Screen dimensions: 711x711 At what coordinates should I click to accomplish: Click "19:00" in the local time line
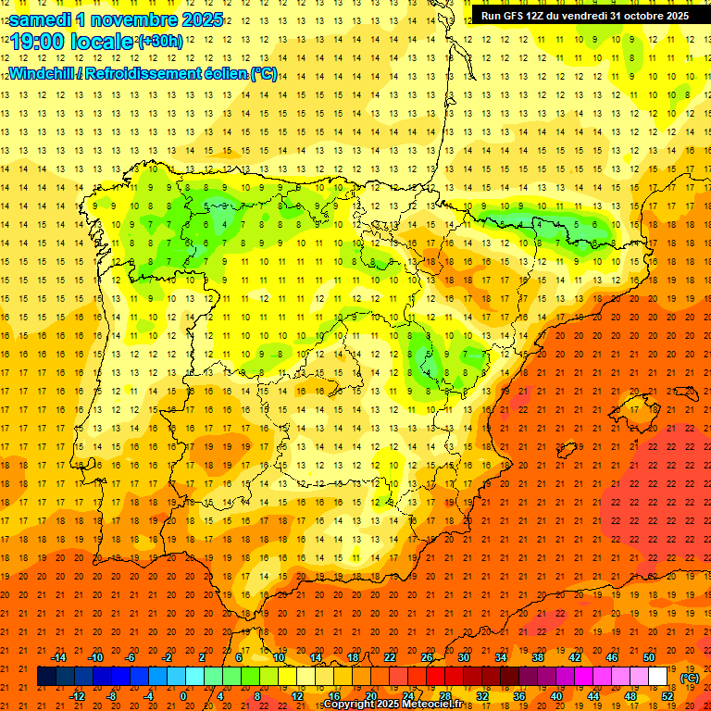(37, 43)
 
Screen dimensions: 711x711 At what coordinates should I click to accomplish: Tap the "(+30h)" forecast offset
(160, 42)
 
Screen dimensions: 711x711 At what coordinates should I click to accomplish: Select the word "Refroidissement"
(147, 73)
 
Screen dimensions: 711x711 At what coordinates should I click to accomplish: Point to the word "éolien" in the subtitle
(228, 73)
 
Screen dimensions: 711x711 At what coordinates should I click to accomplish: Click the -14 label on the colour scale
(58, 657)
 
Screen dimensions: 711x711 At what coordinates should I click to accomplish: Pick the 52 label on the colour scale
(667, 696)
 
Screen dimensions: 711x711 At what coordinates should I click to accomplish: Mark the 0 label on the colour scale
(183, 696)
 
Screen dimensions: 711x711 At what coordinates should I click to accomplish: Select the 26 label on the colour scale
(427, 657)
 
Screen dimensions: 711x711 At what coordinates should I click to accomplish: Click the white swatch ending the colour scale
(658, 677)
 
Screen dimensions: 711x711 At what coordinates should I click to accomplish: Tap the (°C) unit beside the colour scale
(689, 677)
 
